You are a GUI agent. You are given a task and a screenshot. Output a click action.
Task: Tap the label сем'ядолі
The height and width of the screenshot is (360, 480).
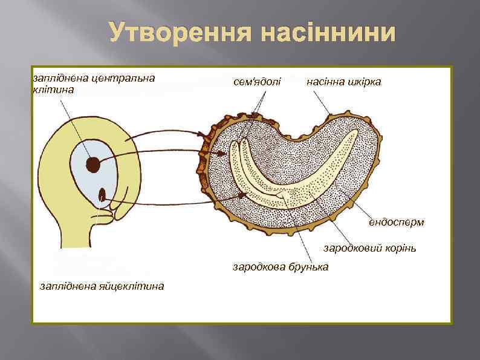tap(257, 81)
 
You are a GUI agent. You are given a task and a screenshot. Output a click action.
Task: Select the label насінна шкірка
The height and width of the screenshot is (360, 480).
tap(344, 81)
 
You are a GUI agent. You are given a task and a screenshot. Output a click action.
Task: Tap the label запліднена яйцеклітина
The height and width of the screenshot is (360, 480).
tap(102, 286)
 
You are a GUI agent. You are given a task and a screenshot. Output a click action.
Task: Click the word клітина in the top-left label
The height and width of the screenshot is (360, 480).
tap(53, 90)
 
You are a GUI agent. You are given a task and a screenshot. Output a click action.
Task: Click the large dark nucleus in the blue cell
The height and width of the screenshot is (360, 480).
tap(93, 163)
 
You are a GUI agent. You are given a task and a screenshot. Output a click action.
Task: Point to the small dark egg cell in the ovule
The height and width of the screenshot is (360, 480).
tap(102, 195)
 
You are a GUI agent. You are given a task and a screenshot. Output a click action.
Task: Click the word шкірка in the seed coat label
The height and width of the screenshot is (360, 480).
tap(363, 81)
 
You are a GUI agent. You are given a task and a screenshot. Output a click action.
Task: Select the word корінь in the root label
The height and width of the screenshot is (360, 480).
tap(399, 248)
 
